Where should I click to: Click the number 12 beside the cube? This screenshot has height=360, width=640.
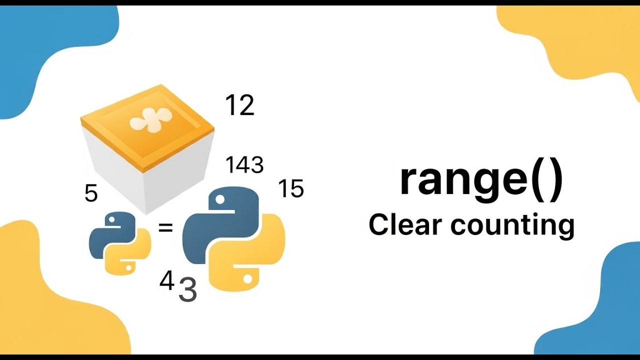point(239,105)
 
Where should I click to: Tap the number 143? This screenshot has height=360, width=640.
point(244,165)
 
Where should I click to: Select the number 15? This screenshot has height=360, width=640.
point(291,188)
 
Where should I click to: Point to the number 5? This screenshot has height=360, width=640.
point(91,193)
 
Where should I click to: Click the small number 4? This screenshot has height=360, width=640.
point(167,280)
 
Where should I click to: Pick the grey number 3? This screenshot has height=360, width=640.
point(187,290)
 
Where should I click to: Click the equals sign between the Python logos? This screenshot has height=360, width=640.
point(165,227)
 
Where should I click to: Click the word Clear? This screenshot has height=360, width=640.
point(405,225)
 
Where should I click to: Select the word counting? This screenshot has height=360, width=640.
point(512,226)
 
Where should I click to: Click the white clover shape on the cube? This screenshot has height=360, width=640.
point(150,120)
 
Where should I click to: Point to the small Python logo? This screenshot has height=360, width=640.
point(120,243)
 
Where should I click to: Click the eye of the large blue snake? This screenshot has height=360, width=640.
point(219,199)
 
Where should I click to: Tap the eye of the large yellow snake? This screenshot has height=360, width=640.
point(247,278)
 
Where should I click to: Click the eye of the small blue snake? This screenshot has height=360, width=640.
point(111,219)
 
